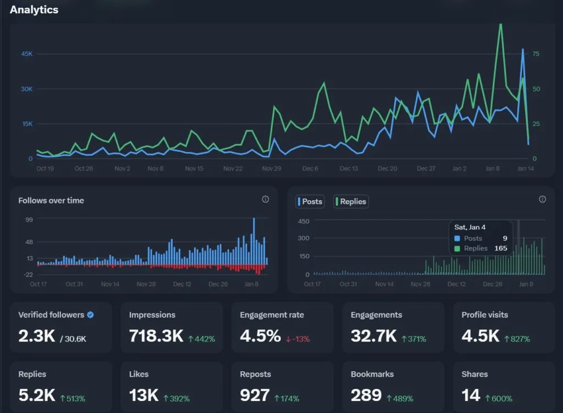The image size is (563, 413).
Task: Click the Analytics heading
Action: click(x=34, y=10)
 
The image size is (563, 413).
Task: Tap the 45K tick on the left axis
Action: click(x=27, y=54)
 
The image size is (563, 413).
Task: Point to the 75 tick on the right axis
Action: click(x=536, y=54)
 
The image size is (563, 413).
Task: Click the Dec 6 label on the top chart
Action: click(x=310, y=169)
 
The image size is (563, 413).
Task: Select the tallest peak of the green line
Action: click(x=500, y=24)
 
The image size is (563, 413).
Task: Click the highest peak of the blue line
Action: click(x=523, y=49)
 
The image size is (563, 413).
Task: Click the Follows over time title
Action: click(x=51, y=201)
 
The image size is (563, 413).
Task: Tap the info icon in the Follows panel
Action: click(x=266, y=199)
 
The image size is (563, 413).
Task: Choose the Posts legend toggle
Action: click(x=310, y=202)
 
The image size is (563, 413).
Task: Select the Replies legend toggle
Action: click(x=351, y=202)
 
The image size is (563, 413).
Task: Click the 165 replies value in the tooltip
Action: click(x=500, y=249)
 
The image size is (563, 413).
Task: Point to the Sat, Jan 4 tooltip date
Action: click(x=470, y=227)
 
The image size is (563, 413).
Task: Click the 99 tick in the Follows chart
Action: click(x=29, y=220)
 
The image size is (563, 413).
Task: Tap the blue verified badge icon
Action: click(x=91, y=315)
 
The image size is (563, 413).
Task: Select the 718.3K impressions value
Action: click(x=156, y=337)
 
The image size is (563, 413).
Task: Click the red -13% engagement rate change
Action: click(x=299, y=339)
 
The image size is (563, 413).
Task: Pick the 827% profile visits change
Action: click(x=517, y=339)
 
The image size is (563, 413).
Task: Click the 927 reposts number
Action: click(x=255, y=395)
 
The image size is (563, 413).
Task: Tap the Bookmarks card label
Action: click(x=372, y=374)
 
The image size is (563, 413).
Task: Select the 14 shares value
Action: click(x=471, y=395)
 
